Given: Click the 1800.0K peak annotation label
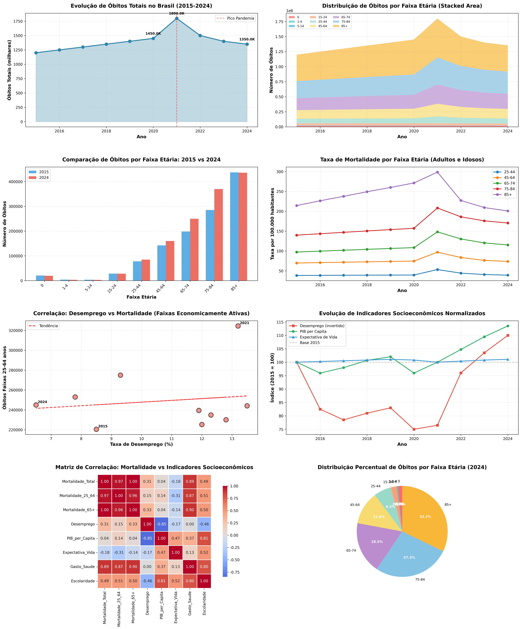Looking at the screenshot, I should pyautogui.click(x=177, y=13).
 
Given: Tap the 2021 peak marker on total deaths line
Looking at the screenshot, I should pyautogui.click(x=177, y=19).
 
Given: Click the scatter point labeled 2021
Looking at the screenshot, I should pyautogui.click(x=238, y=326).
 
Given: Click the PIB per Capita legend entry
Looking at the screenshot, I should pyautogui.click(x=313, y=332).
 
